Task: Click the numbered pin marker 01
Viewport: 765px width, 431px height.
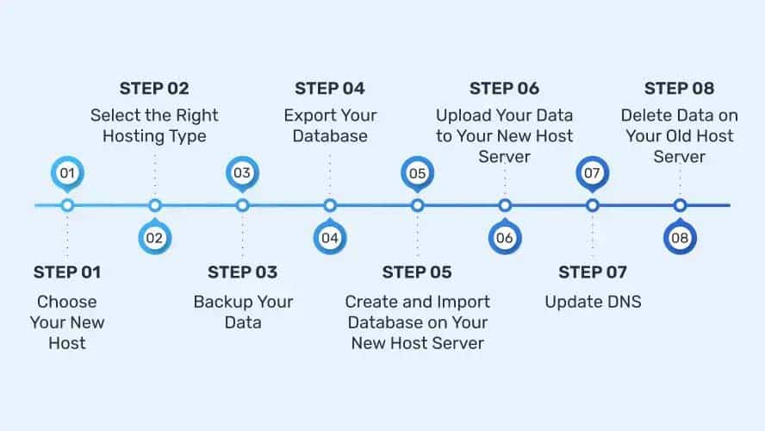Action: [67, 173]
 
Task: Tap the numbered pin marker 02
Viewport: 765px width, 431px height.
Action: [155, 238]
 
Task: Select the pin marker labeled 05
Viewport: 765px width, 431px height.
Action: [417, 173]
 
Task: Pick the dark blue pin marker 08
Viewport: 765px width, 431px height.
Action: [680, 238]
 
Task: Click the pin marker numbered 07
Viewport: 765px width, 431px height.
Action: [592, 173]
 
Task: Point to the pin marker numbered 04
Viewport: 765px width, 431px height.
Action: [330, 238]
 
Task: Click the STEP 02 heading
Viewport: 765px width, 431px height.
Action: [154, 88]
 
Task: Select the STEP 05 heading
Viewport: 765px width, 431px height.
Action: [417, 272]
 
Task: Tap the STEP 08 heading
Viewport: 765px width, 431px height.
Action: [679, 88]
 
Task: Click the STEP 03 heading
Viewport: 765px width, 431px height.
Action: [242, 272]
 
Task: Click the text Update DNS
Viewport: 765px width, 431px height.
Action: [593, 303]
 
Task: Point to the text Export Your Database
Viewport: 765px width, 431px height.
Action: [330, 126]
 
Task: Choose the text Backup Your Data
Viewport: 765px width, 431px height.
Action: [243, 313]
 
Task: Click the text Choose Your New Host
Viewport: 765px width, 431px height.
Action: [67, 322]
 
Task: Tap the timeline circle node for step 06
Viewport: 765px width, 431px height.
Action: [505, 205]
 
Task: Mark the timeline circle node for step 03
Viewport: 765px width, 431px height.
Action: [242, 205]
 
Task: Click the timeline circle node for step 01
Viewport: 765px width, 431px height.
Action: [67, 205]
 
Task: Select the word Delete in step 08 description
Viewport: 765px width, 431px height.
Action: [644, 116]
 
